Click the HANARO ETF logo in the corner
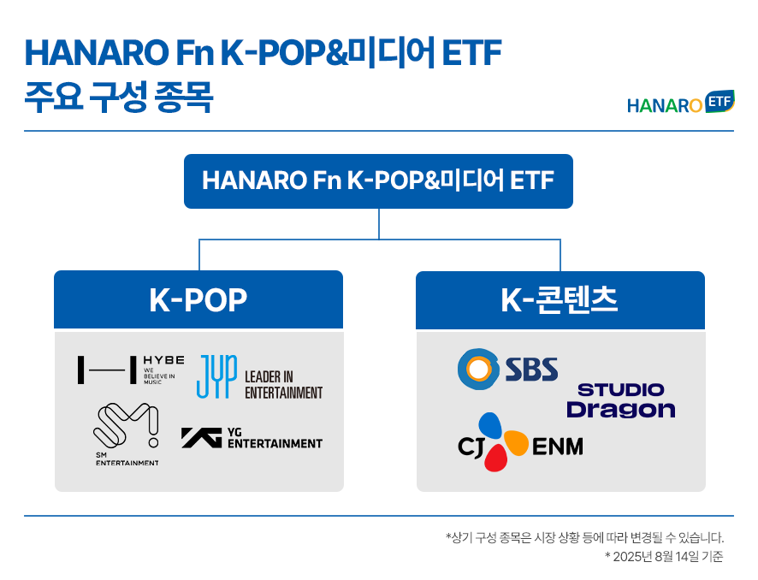coord(681,103)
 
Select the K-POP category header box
coord(198,299)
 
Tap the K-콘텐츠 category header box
coord(560,300)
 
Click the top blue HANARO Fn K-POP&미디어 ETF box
coord(378,181)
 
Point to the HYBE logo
coord(131,370)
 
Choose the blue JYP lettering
coord(216,376)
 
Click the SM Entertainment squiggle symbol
coord(126,425)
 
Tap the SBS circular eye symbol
coord(478,370)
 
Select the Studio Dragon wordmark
coord(621,400)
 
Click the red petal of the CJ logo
coord(496,457)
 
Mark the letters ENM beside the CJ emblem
coord(558,447)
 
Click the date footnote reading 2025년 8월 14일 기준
coord(664,557)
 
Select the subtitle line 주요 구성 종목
coord(118,98)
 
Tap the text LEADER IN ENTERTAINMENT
coord(283,385)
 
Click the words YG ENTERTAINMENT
coord(275,438)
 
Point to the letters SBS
coord(531,370)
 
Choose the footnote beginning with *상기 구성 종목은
coord(584,537)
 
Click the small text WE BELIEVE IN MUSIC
coord(159,376)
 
